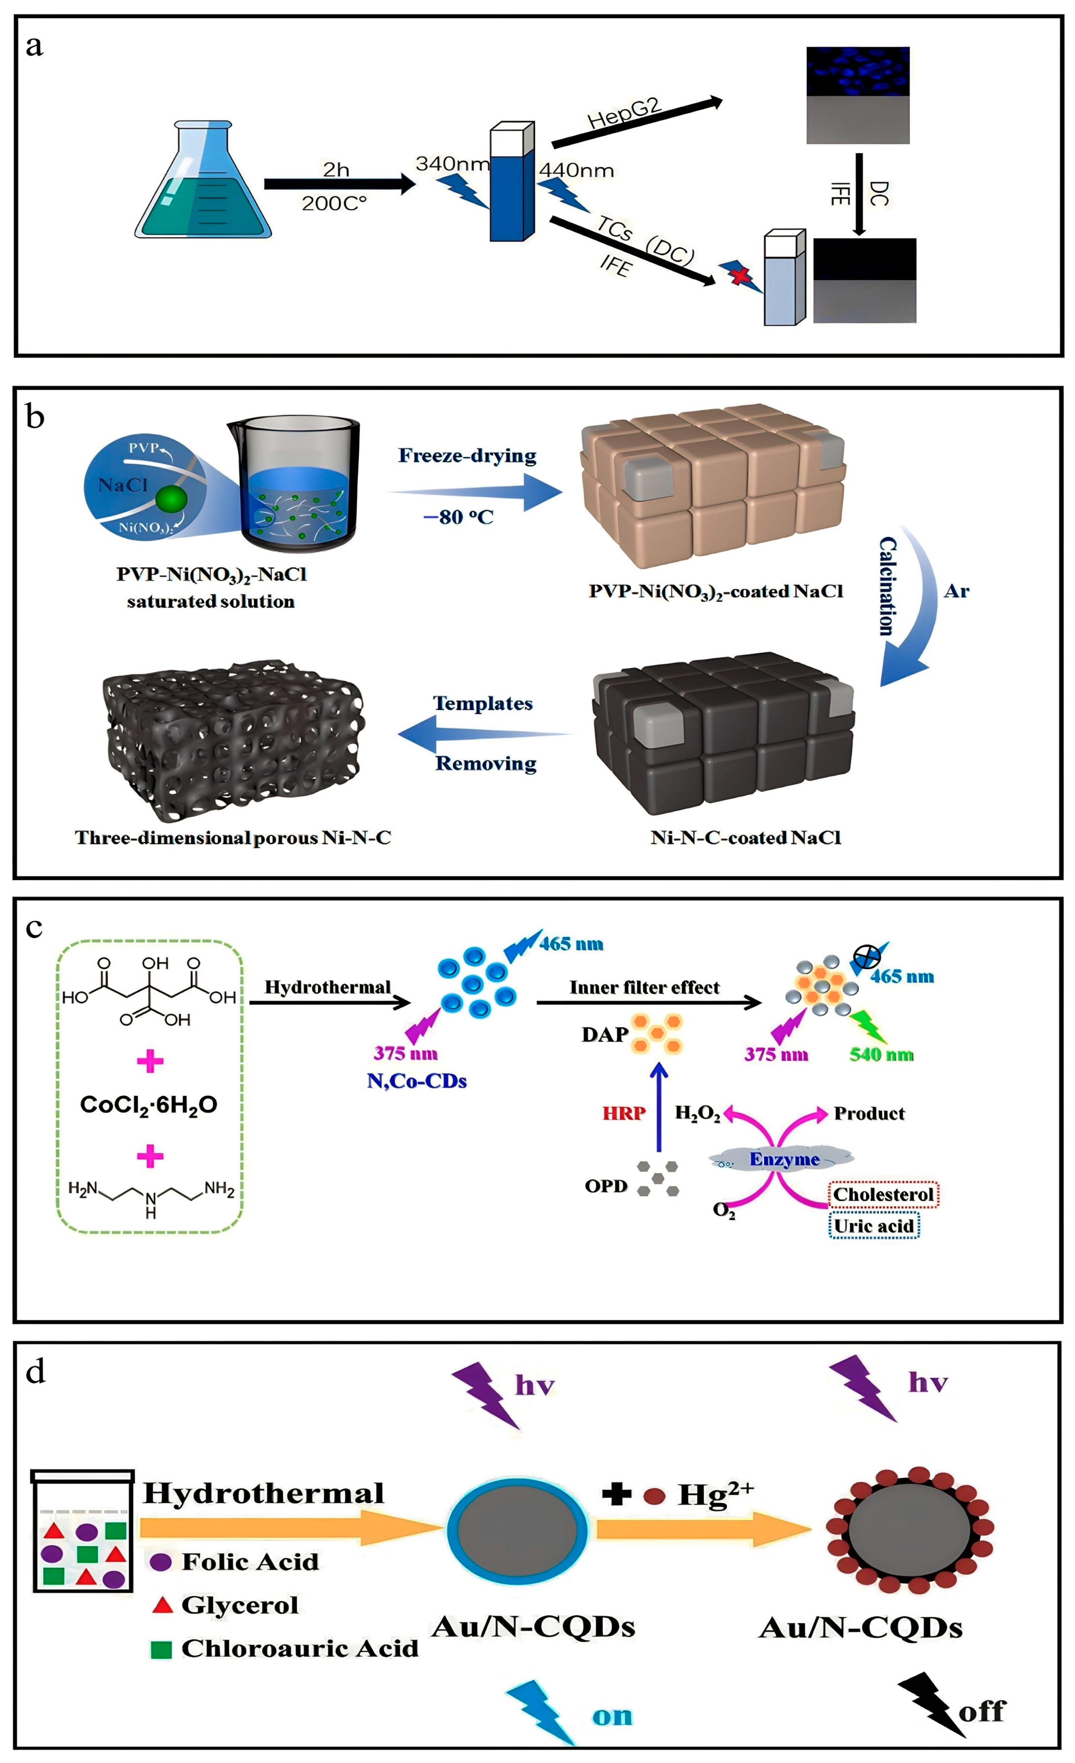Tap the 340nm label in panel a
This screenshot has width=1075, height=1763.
(452, 164)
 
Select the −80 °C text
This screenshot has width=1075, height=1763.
(458, 517)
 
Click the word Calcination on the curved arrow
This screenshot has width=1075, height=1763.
(887, 587)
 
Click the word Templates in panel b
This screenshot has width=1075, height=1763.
(483, 703)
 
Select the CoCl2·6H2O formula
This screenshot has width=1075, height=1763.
(149, 1105)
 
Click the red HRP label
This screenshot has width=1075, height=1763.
(624, 1113)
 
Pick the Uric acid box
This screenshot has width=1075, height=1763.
(874, 1227)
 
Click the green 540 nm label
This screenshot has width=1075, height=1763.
(881, 1055)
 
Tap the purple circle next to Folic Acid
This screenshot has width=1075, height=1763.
(160, 1562)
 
